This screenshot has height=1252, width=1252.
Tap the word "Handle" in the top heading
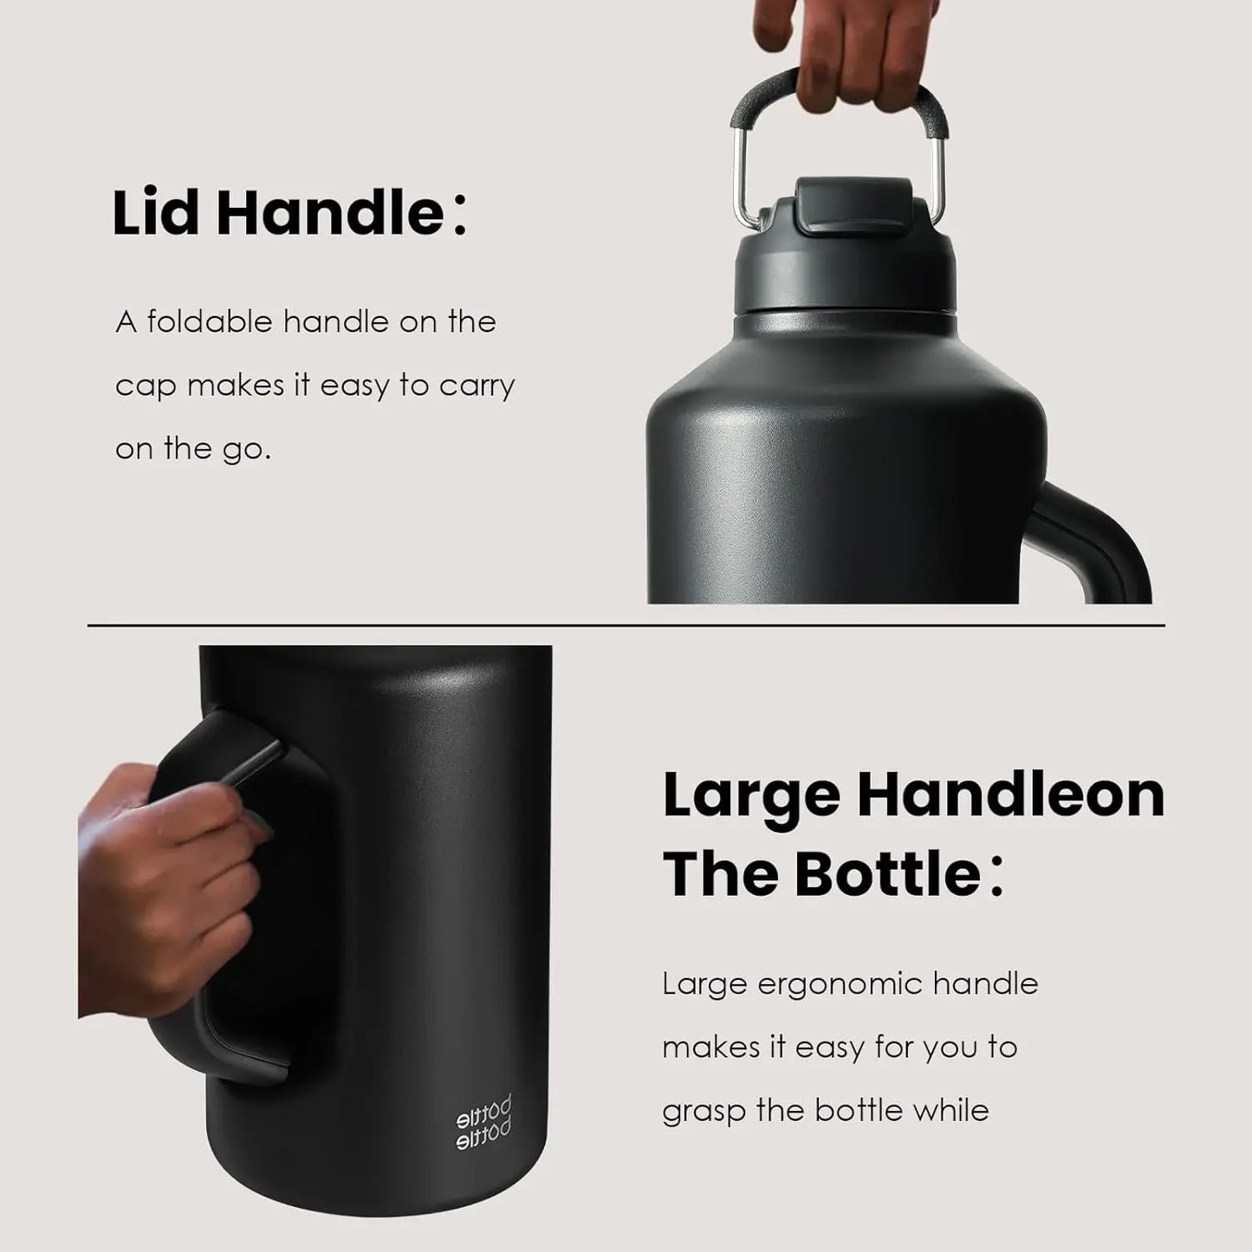[330, 213]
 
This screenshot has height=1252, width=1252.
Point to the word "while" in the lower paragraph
[953, 1110]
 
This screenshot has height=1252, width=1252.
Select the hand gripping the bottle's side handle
[165, 884]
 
